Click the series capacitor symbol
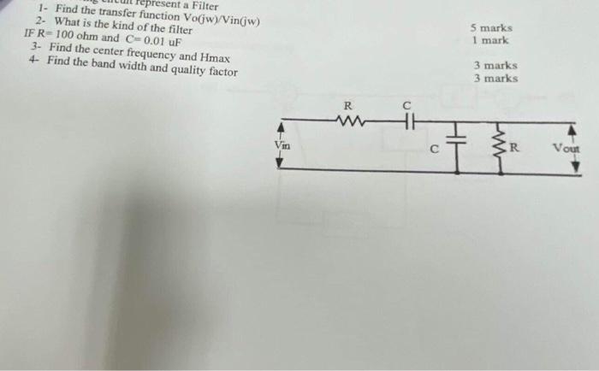(407, 121)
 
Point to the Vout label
(566, 148)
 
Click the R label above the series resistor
(347, 106)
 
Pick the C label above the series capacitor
(407, 105)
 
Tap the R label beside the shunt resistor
(515, 148)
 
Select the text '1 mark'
(490, 40)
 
